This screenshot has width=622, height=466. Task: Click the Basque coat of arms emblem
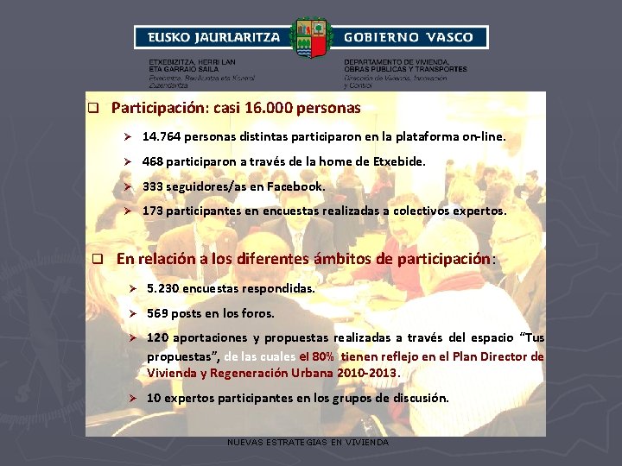(x=311, y=38)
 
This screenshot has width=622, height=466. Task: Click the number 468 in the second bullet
(x=153, y=161)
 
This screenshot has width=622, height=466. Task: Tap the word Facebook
(x=295, y=186)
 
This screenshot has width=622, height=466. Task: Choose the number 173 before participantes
(x=153, y=211)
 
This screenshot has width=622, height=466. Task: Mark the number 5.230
(x=165, y=288)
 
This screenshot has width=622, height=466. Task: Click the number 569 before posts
(x=157, y=313)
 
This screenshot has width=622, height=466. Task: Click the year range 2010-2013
(x=371, y=373)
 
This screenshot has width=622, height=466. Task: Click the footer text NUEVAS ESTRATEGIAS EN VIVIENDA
(x=308, y=442)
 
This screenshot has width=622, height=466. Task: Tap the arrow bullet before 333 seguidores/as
(x=126, y=187)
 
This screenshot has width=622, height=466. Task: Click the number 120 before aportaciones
(x=157, y=338)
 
